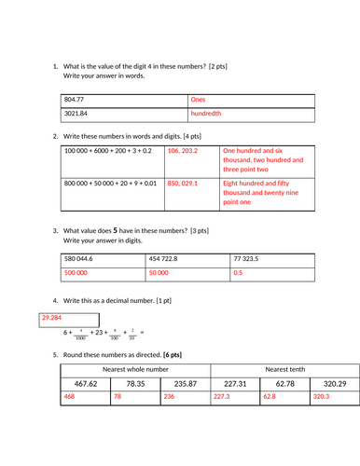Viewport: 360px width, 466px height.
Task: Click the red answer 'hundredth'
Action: (206, 115)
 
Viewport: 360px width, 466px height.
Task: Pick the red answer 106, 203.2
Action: (183, 149)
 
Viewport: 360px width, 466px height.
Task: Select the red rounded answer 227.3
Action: (221, 397)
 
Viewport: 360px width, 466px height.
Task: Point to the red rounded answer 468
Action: (70, 397)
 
